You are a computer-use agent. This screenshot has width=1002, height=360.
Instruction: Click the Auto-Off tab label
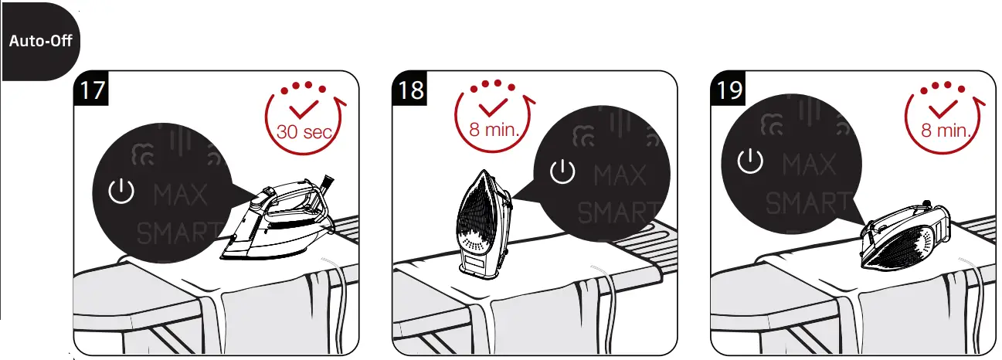(x=40, y=40)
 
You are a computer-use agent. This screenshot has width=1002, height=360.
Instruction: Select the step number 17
(x=92, y=90)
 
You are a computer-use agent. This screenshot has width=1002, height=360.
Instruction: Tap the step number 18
(x=410, y=90)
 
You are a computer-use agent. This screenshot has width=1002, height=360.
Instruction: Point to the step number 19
(x=729, y=90)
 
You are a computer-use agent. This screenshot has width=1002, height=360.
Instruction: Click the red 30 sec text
(x=304, y=131)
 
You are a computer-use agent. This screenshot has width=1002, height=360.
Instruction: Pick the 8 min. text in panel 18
(x=494, y=127)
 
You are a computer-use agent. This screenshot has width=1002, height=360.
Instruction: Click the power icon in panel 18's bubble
(x=562, y=172)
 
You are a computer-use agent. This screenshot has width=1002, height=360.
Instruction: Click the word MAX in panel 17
(x=181, y=195)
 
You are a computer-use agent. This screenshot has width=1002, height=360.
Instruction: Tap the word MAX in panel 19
(x=809, y=165)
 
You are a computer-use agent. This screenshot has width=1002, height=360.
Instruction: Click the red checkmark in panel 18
(x=493, y=106)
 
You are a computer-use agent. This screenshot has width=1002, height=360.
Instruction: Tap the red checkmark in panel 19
(x=943, y=108)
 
